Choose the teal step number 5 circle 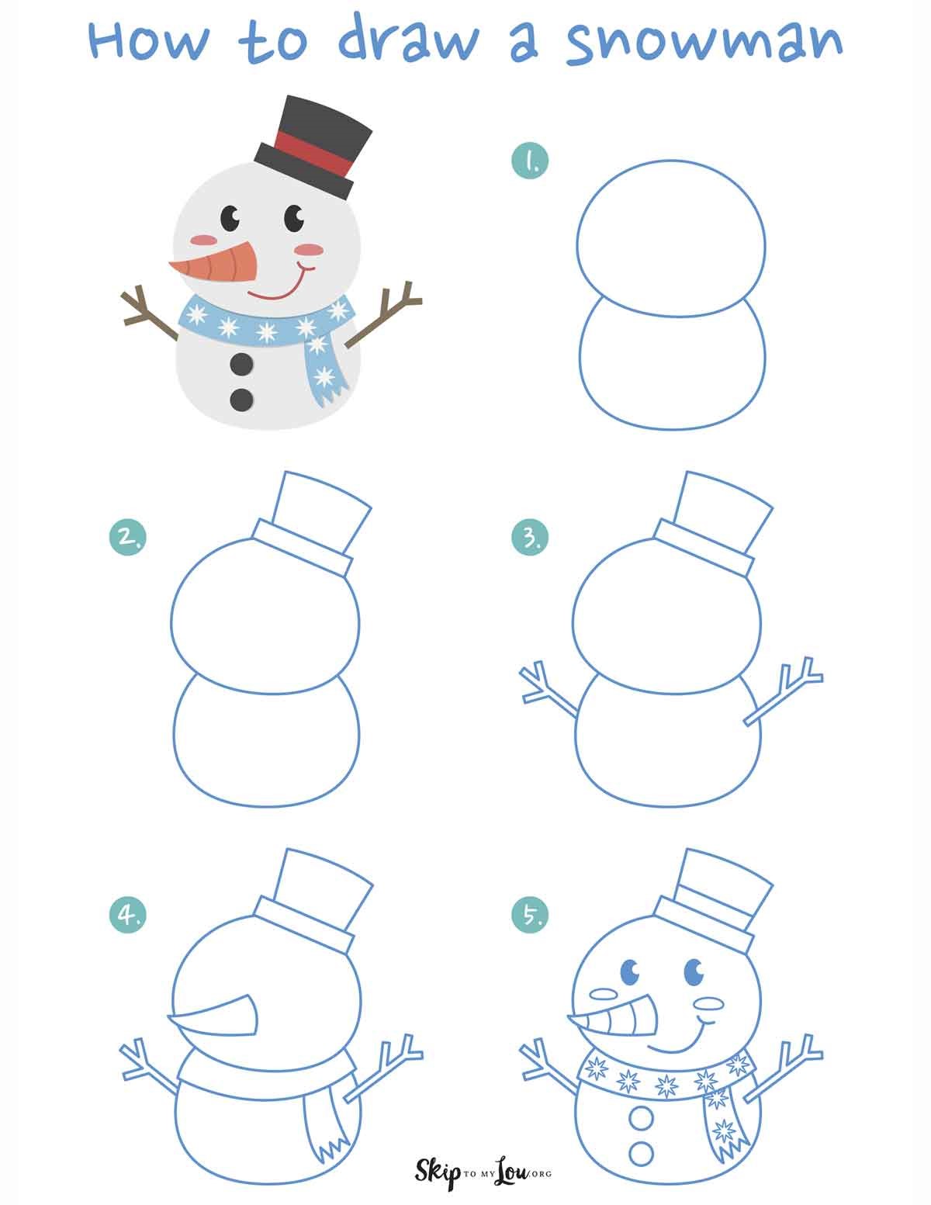tap(531, 916)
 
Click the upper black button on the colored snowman tap(242, 363)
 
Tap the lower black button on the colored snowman tap(242, 399)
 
